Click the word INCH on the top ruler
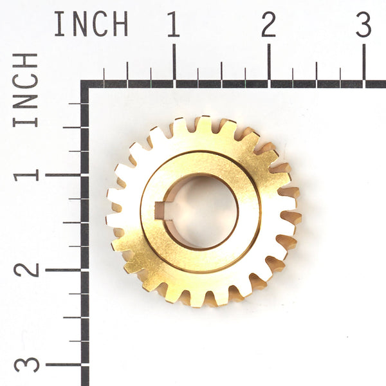[x=91, y=24]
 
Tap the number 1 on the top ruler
[x=173, y=24]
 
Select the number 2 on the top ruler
[x=268, y=24]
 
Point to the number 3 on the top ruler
[x=363, y=24]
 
